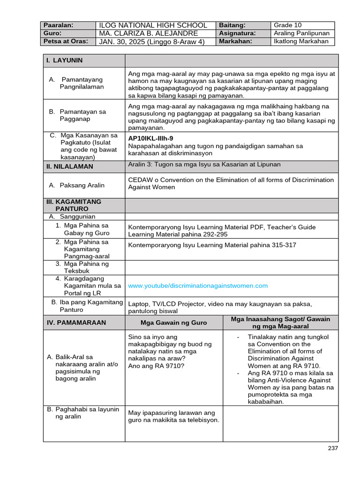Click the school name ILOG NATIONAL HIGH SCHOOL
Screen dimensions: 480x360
coord(153,25)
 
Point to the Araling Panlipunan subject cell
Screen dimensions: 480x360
coord(301,33)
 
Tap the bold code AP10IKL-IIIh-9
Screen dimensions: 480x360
coord(150,138)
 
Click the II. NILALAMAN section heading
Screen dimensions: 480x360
coord(69,166)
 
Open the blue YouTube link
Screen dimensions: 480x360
coord(198,285)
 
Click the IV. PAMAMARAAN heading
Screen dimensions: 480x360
coord(76,322)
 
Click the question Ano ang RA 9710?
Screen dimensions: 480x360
coord(156,366)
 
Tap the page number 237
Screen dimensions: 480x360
coord(332,448)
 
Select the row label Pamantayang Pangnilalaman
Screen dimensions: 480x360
coord(81,83)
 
